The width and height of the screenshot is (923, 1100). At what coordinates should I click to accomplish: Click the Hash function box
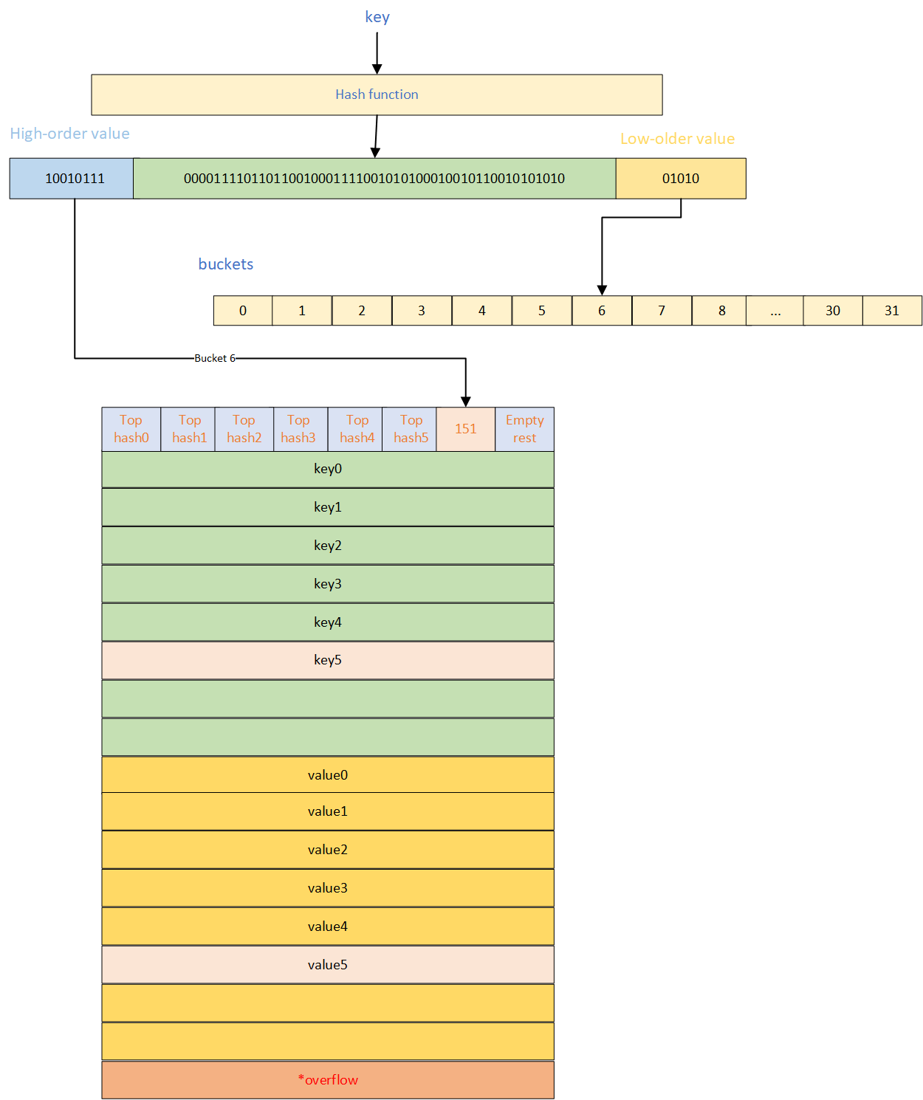pos(377,94)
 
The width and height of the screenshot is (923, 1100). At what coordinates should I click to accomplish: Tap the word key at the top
pos(377,17)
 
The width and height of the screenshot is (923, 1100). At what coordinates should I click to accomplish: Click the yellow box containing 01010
pos(680,179)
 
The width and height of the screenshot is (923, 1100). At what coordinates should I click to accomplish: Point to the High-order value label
pos(70,134)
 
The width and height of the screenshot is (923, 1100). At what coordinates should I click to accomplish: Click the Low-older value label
pos(677,139)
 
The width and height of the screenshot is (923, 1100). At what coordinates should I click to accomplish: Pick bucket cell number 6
pos(602,311)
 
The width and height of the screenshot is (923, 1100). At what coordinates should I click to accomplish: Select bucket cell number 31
pos(892,311)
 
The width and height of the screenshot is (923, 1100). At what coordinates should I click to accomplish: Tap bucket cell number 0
pos(243,311)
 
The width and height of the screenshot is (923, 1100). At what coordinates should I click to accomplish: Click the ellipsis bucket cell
pos(775,311)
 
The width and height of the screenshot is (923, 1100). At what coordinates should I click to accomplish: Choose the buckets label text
pos(226,264)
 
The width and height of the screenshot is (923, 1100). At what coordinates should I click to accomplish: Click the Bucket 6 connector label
pos(215,358)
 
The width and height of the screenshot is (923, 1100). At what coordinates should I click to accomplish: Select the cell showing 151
pos(465,429)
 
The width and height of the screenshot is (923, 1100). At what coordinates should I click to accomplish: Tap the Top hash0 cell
pos(131,429)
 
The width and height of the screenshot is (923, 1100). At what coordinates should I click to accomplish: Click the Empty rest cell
pos(524,429)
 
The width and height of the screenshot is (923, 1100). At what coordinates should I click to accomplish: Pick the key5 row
pos(328,660)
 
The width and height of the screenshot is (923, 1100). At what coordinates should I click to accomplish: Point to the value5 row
pos(328,965)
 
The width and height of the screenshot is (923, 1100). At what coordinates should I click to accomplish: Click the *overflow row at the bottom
pos(328,1080)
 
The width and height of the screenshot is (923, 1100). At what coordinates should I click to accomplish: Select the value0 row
pos(328,775)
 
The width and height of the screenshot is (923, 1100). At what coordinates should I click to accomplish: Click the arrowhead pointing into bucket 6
pos(602,290)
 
